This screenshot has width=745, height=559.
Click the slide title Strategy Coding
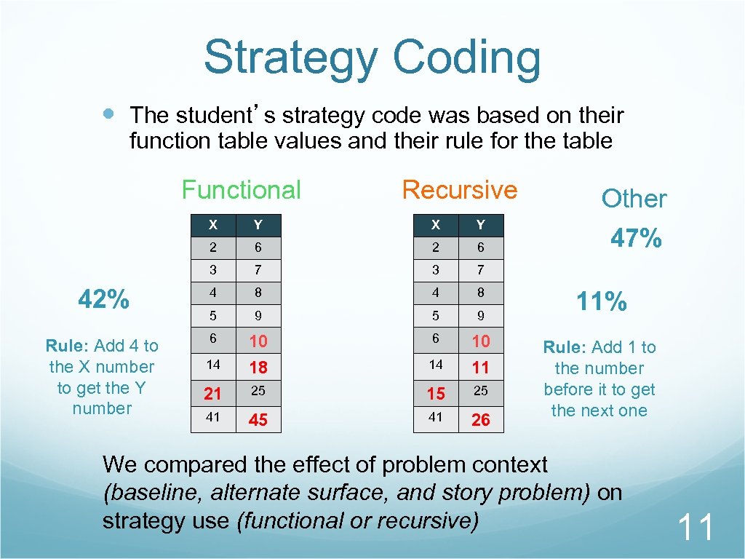pyautogui.click(x=372, y=58)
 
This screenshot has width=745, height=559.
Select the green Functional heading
pyautogui.click(x=241, y=190)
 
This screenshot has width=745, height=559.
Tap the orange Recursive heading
pyautogui.click(x=459, y=190)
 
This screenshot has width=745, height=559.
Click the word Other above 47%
pyautogui.click(x=634, y=199)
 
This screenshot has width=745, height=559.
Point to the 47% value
pyautogui.click(x=635, y=238)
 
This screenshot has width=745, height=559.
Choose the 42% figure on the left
pyautogui.click(x=104, y=298)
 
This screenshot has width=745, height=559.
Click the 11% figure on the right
pyautogui.click(x=601, y=301)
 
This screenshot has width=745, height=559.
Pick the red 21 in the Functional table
pyautogui.click(x=212, y=394)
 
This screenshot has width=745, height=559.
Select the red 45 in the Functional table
pyautogui.click(x=258, y=420)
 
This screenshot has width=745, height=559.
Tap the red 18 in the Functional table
pyautogui.click(x=258, y=368)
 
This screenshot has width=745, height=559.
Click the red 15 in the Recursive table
pyautogui.click(x=435, y=394)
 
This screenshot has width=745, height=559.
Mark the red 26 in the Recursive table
pyautogui.click(x=480, y=420)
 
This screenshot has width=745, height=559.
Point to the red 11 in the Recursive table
pyautogui.click(x=480, y=368)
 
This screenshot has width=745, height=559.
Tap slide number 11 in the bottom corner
pyautogui.click(x=696, y=527)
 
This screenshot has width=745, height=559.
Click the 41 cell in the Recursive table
pyautogui.click(x=435, y=418)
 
